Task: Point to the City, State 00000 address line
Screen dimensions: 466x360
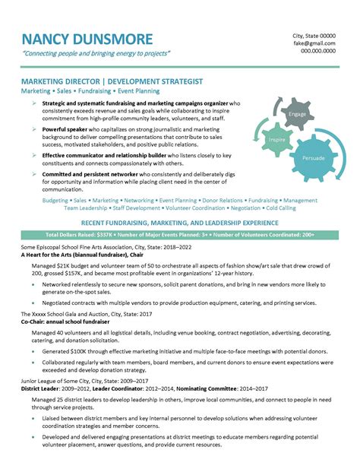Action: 314,36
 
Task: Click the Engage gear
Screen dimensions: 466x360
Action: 297,114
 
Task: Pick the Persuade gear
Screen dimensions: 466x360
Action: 314,158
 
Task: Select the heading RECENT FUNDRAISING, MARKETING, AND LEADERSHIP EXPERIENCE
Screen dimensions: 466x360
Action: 179,222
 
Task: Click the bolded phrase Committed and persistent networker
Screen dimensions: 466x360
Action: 97,174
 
